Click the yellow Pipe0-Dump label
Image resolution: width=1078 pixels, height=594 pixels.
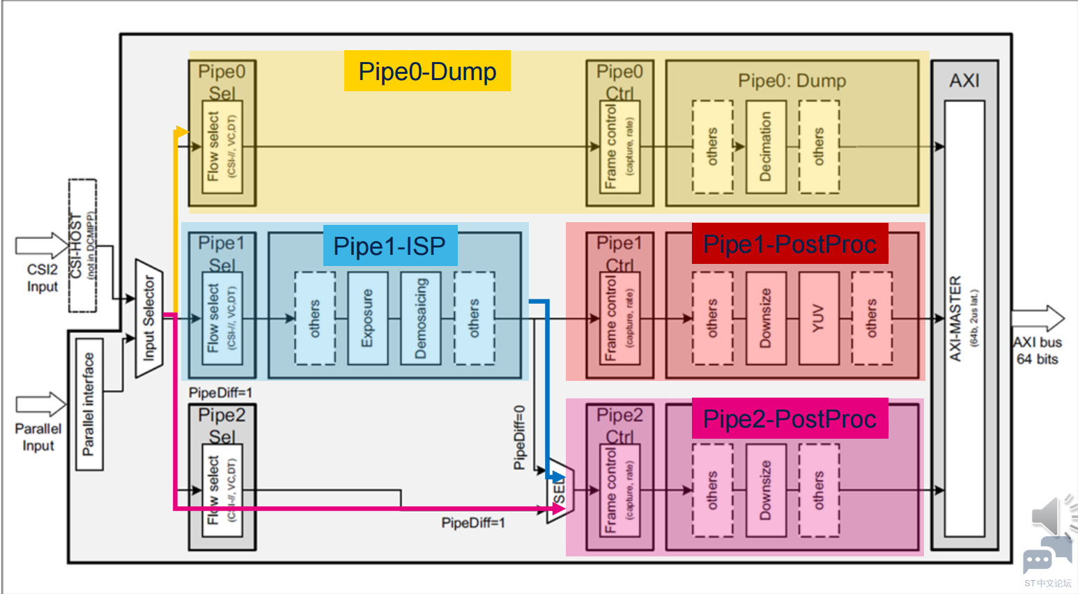pos(427,71)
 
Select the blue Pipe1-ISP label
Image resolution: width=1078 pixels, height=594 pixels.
pos(390,246)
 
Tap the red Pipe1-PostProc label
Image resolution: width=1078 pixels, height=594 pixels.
pos(790,244)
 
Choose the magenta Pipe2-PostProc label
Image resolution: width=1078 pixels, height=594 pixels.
pos(790,419)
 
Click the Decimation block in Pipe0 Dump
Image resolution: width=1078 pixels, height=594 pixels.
pos(766,147)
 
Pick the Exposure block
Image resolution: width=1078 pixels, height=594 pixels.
pos(367,318)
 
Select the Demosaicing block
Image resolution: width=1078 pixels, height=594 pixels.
pos(421,318)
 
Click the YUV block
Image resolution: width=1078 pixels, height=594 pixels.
pos(819,318)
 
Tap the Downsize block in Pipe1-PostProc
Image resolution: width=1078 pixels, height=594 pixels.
pos(766,318)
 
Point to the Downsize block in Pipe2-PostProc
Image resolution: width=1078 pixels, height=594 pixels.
pos(766,490)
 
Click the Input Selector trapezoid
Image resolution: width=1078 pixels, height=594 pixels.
pos(149,318)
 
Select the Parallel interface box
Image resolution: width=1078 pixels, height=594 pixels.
pos(89,405)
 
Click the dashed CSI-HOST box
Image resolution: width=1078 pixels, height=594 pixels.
pos(82,245)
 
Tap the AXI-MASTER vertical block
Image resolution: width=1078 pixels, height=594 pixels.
pos(964,318)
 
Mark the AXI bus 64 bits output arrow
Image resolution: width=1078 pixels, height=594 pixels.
pos(1038,319)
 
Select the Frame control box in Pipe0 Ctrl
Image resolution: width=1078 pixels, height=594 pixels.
pos(619,147)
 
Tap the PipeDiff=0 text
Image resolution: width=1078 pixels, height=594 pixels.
pos(519,437)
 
